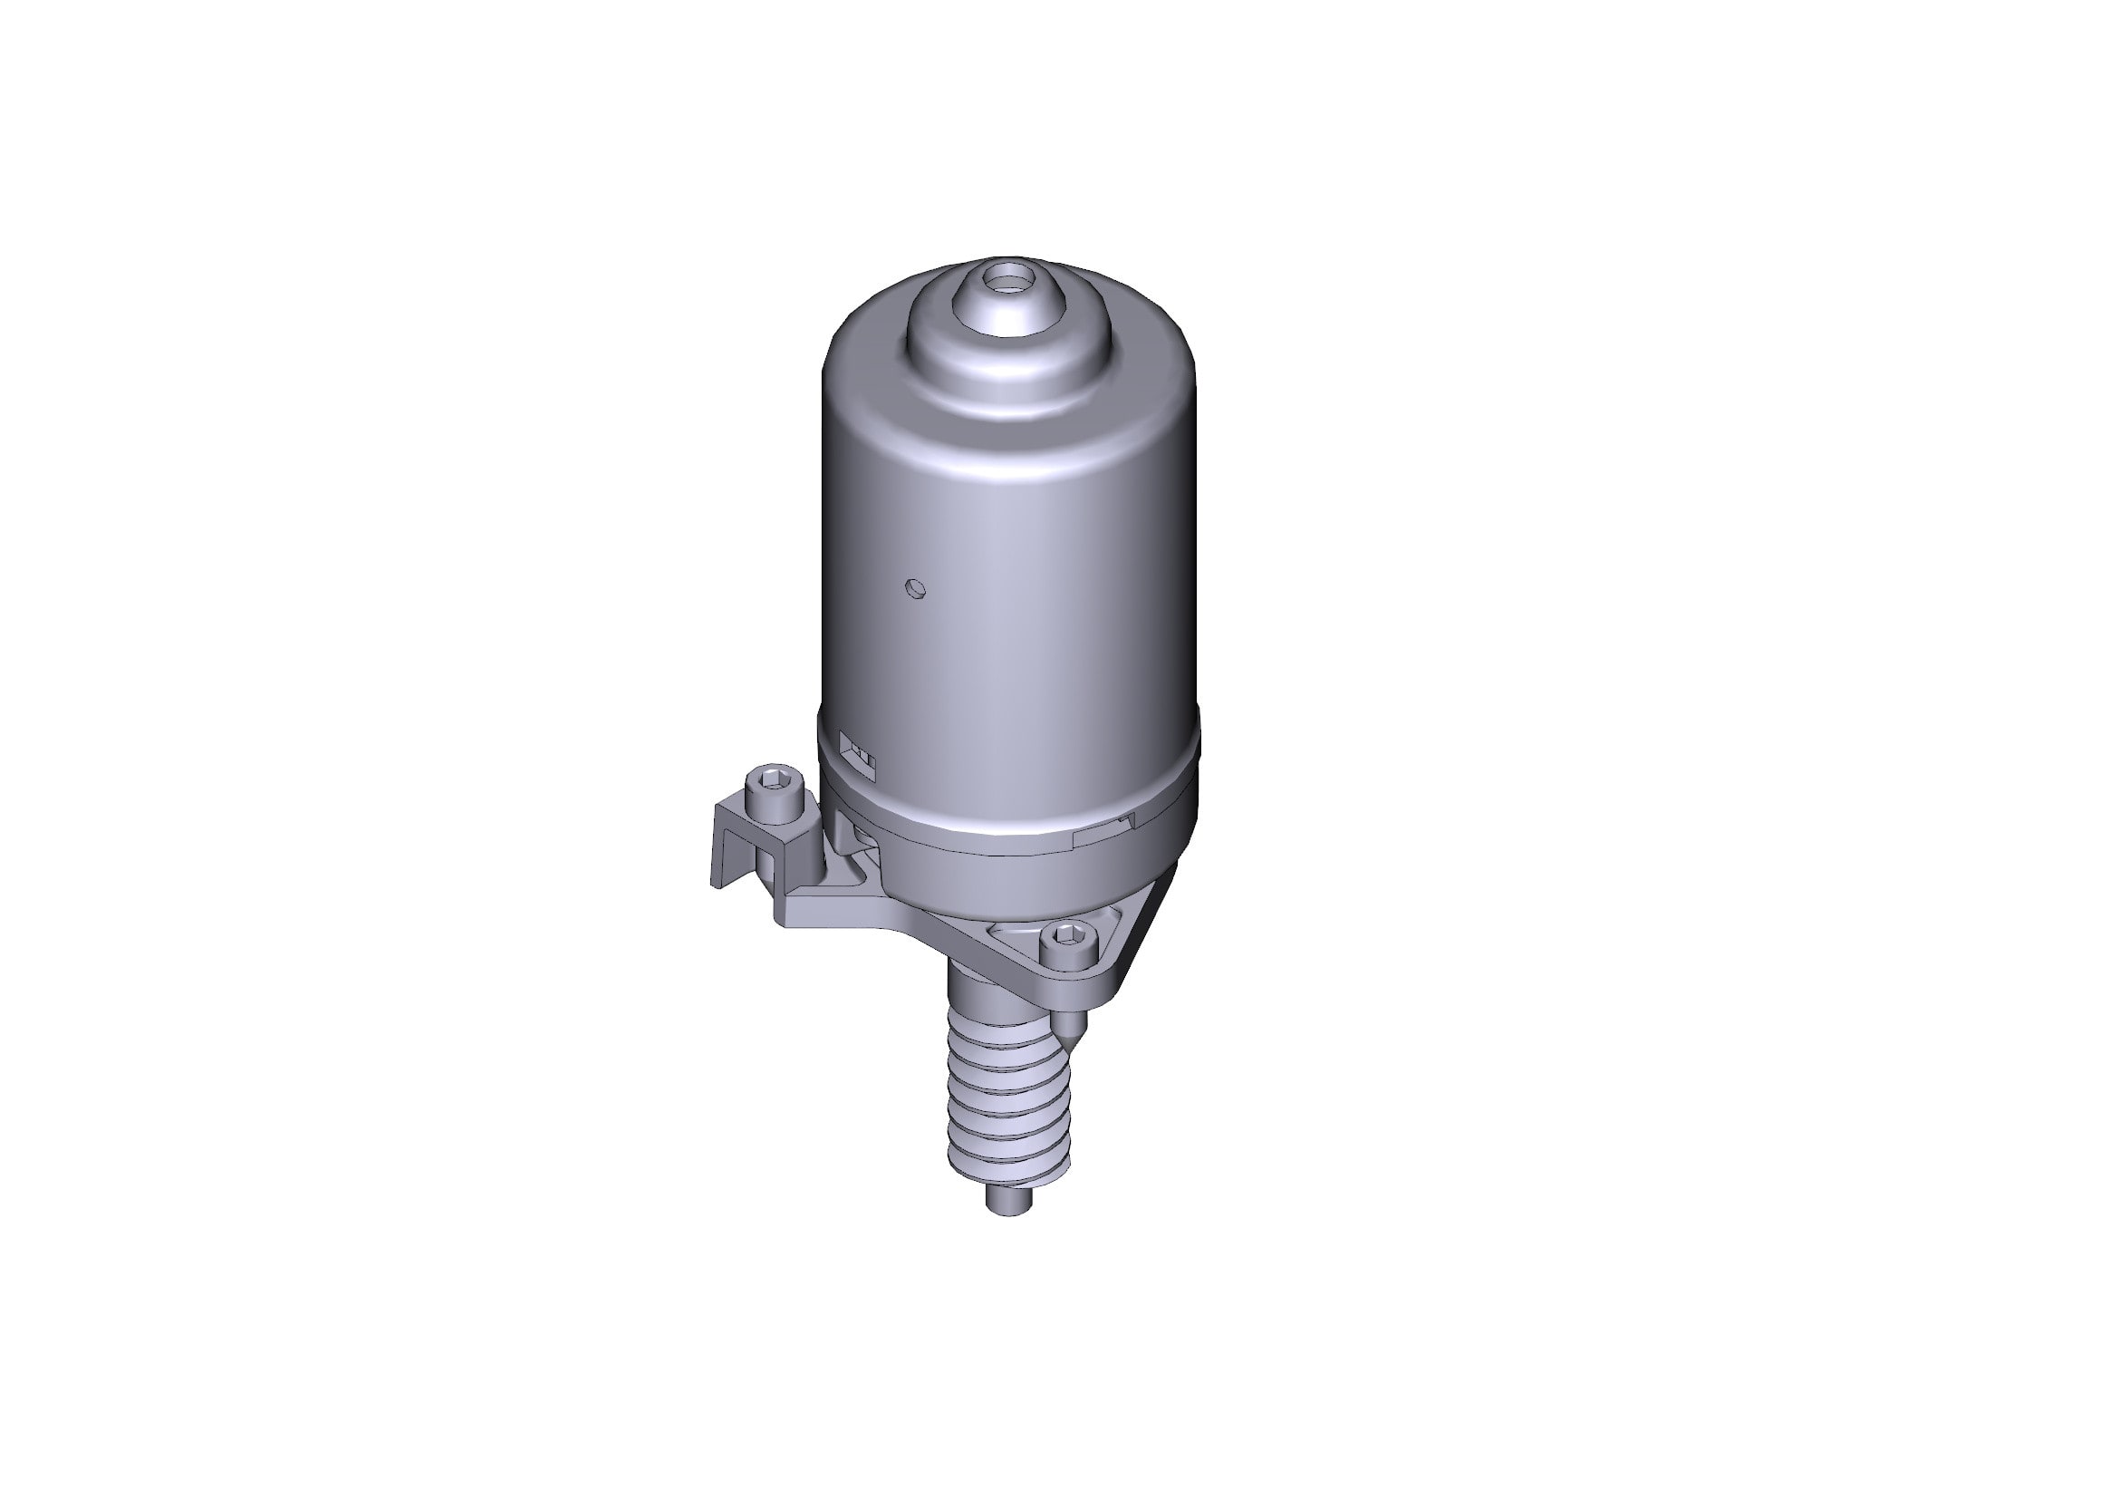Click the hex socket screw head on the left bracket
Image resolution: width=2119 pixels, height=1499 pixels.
click(x=772, y=785)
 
